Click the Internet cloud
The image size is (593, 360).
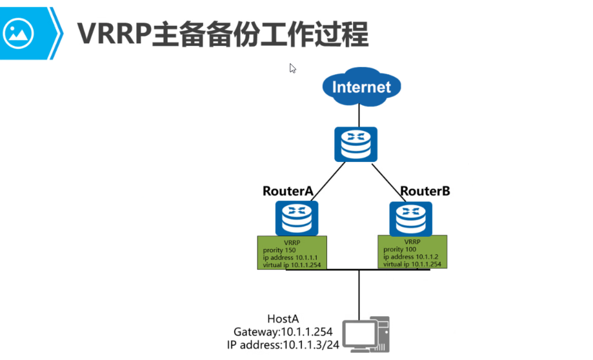point(361,87)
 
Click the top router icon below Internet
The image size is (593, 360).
point(356,145)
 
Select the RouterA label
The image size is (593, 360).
point(287,191)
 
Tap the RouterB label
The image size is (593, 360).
point(425,191)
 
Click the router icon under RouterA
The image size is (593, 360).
point(297,218)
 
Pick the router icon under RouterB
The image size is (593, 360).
point(411,218)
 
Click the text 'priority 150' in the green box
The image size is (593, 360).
point(277,250)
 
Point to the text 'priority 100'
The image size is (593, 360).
point(398,248)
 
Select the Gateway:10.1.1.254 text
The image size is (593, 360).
point(283,332)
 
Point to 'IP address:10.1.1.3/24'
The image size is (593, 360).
point(283,345)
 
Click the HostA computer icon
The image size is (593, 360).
point(366,334)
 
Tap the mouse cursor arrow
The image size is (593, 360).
point(292,68)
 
